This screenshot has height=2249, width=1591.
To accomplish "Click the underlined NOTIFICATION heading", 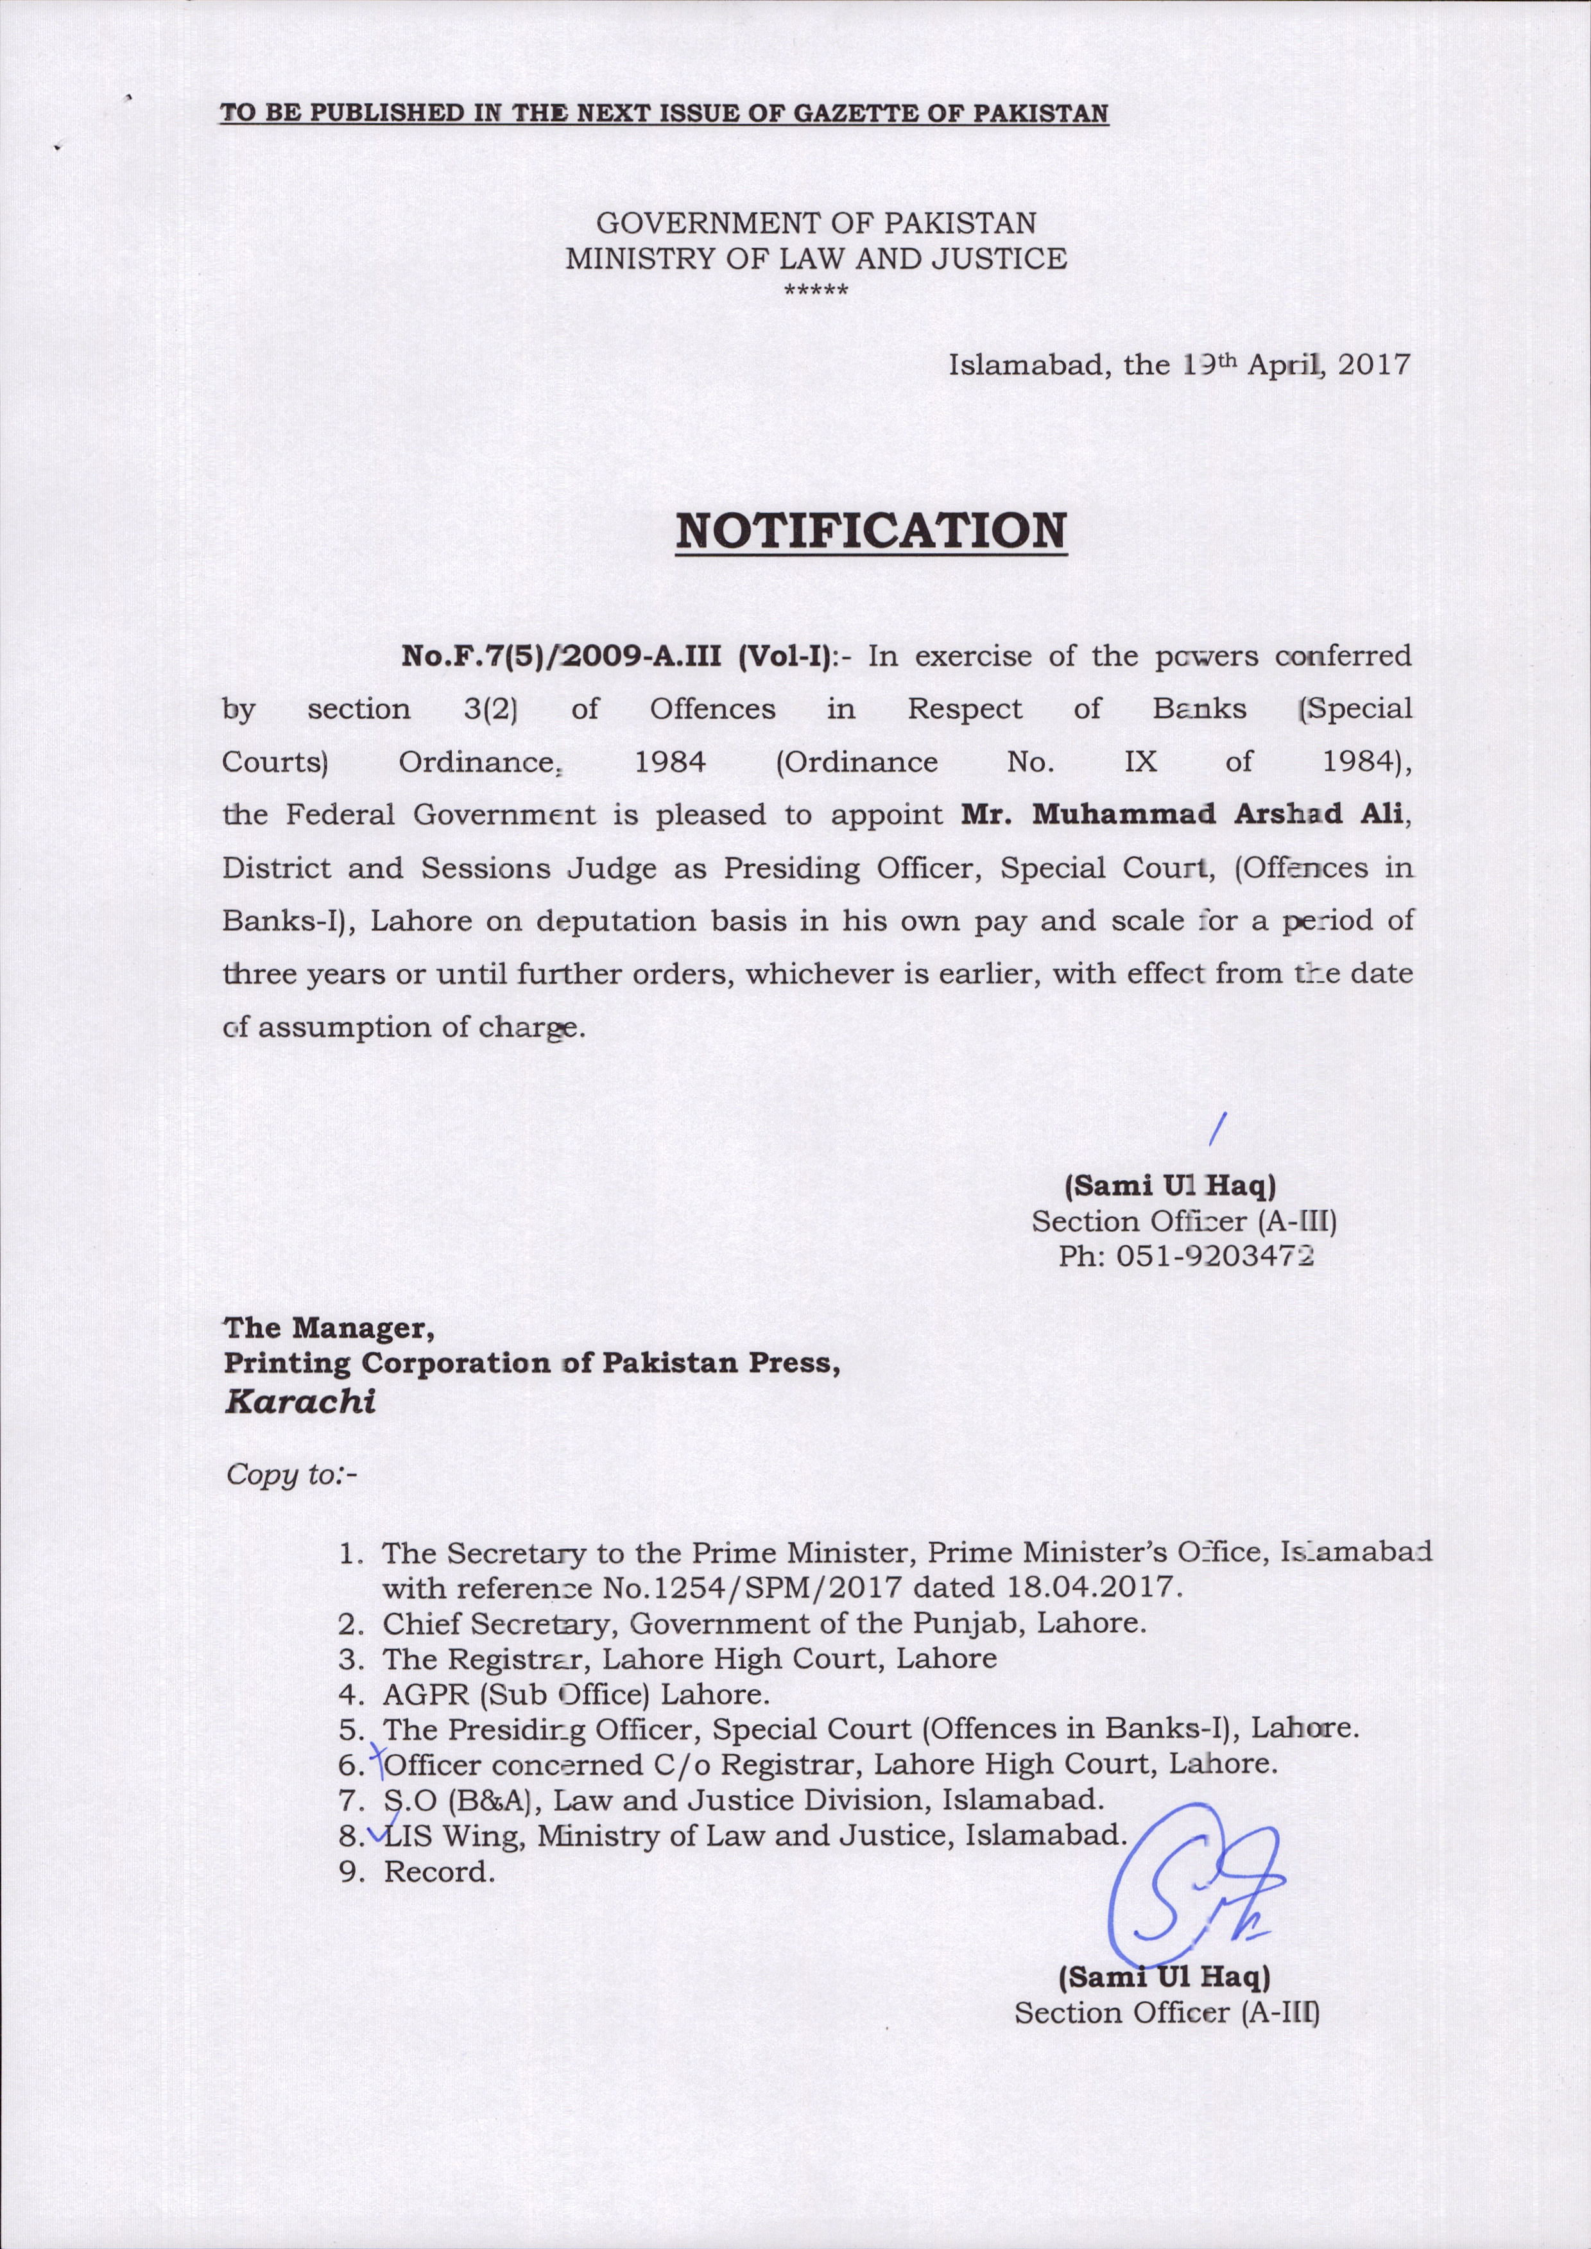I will click(871, 530).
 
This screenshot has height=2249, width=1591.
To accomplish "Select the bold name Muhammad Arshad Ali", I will click(1183, 815).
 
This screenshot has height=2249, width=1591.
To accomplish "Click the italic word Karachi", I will click(300, 1402).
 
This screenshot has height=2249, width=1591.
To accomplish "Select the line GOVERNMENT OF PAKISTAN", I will click(816, 223).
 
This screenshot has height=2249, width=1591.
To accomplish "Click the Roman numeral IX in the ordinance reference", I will click(1140, 762).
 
